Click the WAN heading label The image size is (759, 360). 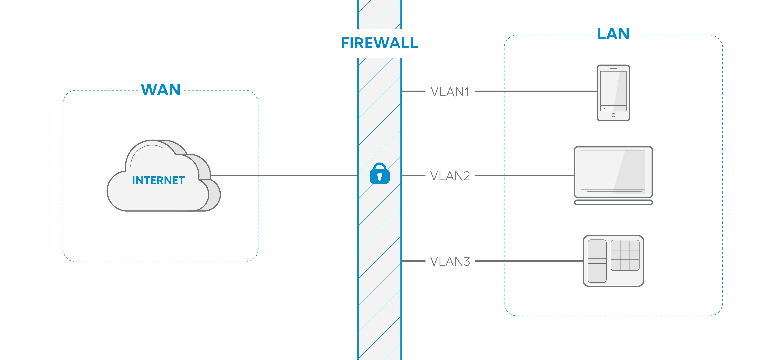pos(161,90)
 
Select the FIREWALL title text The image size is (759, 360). pos(379,43)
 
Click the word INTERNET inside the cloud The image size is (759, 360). pos(158,180)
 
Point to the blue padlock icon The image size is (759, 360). pos(379,174)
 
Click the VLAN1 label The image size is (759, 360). pos(450,92)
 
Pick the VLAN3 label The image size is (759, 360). pos(450,261)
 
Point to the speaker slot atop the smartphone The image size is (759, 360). pos(613,68)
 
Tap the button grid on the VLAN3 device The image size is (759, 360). pos(625,255)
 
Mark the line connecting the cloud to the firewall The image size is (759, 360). pos(283,176)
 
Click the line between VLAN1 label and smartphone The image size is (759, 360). pos(536,91)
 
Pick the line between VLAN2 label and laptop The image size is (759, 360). pos(525,176)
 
